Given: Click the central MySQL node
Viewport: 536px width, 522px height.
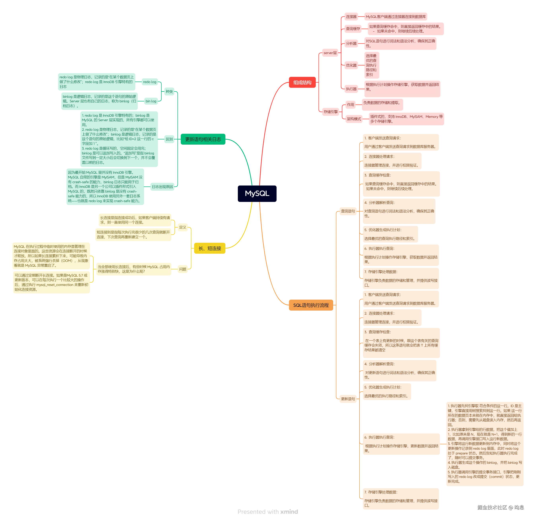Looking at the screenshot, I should point(257,194).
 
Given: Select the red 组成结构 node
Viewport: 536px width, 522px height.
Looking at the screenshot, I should point(302,82).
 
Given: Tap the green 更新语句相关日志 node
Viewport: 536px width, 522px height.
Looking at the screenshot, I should point(203,139).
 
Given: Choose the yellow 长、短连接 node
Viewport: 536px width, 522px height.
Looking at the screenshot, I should point(210,248).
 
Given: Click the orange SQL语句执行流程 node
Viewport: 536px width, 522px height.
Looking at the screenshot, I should point(311,305).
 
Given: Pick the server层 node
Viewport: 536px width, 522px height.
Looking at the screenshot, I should point(330,53).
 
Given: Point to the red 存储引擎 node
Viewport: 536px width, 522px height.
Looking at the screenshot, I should point(331,112).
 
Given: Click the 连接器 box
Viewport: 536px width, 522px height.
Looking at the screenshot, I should point(351,17).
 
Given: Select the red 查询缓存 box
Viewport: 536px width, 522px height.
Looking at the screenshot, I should point(353,28).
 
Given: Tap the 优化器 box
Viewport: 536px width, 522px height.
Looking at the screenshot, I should point(351,65).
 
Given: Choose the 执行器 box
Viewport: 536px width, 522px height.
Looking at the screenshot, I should point(351,89).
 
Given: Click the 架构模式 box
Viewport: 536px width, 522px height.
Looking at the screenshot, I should point(354,119).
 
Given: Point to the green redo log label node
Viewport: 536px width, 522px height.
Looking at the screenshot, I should point(150,82).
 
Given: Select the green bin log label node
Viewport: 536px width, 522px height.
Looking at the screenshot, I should point(151,101).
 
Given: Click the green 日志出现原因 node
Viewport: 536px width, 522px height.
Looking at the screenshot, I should point(162,187).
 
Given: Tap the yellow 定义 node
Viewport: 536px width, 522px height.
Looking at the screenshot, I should point(183,227).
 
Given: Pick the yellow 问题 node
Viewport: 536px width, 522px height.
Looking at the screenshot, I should point(183,269).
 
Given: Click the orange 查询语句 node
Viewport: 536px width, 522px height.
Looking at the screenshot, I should point(348,211).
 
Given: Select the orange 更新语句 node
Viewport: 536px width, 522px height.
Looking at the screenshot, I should point(348,399).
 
